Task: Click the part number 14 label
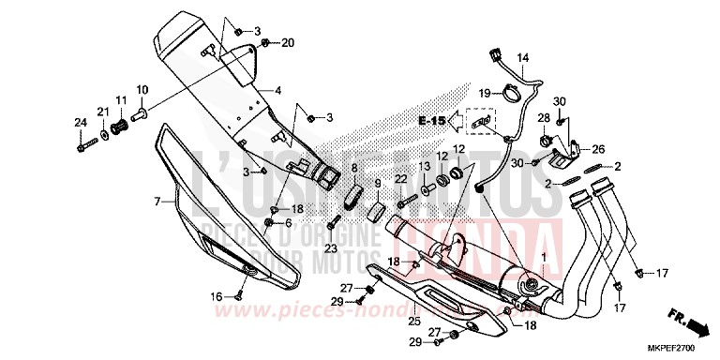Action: [x=522, y=57]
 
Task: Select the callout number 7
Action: [x=158, y=201]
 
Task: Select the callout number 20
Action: [x=288, y=42]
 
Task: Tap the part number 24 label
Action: [x=80, y=123]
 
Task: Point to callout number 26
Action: [x=599, y=148]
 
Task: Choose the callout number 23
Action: [x=330, y=247]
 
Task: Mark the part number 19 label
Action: [x=485, y=93]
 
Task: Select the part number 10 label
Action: [x=142, y=90]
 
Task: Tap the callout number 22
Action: [x=399, y=178]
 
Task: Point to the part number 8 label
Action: [x=354, y=168]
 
